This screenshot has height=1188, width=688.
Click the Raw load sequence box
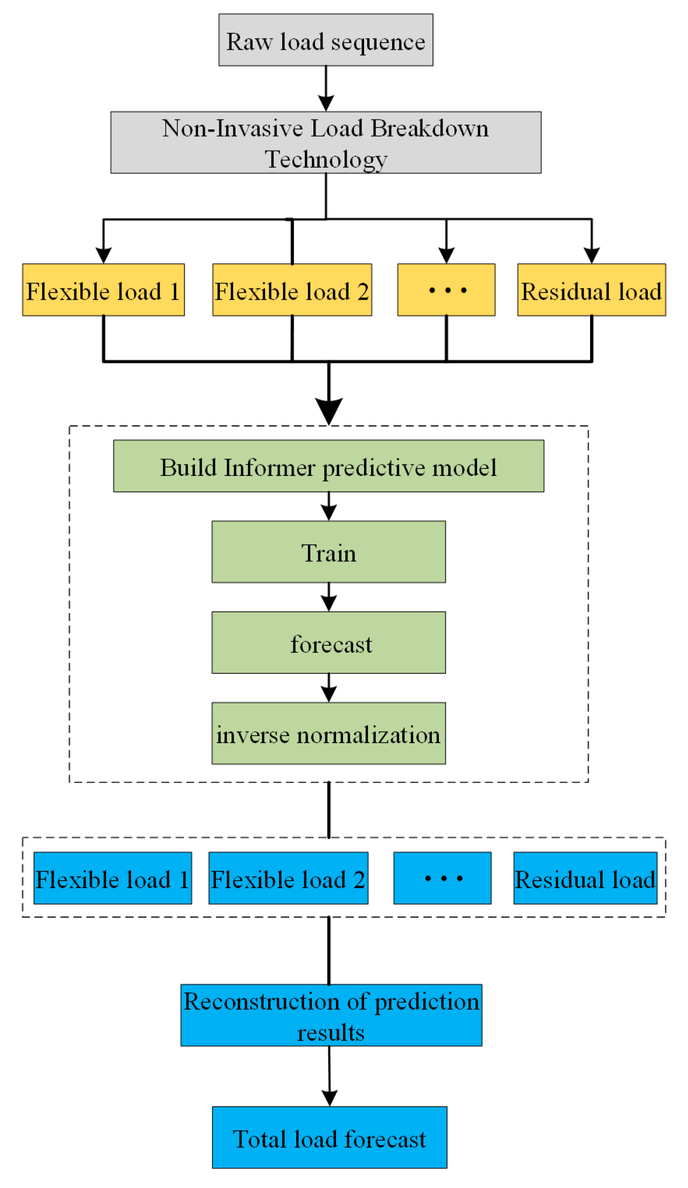point(325,40)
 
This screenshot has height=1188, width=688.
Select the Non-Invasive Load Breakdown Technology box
point(325,143)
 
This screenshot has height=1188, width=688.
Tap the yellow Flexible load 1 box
point(103,290)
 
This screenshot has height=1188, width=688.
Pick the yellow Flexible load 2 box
point(292,290)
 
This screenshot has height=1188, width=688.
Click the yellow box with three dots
point(446,290)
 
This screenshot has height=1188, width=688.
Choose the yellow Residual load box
point(591,290)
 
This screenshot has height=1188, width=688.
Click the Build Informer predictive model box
point(328,466)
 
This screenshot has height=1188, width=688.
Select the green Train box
point(328,552)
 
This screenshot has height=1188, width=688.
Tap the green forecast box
point(328,643)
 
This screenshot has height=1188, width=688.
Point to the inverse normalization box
point(328,734)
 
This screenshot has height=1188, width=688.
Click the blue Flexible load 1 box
point(112,878)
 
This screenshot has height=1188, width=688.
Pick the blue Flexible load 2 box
point(288,878)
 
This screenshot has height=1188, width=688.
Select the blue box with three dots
point(442,878)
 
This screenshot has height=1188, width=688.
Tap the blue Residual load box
point(585,878)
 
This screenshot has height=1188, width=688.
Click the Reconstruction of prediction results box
point(331,1015)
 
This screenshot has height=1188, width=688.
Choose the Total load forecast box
point(329,1138)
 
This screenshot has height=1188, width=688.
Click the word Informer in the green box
point(270,467)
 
